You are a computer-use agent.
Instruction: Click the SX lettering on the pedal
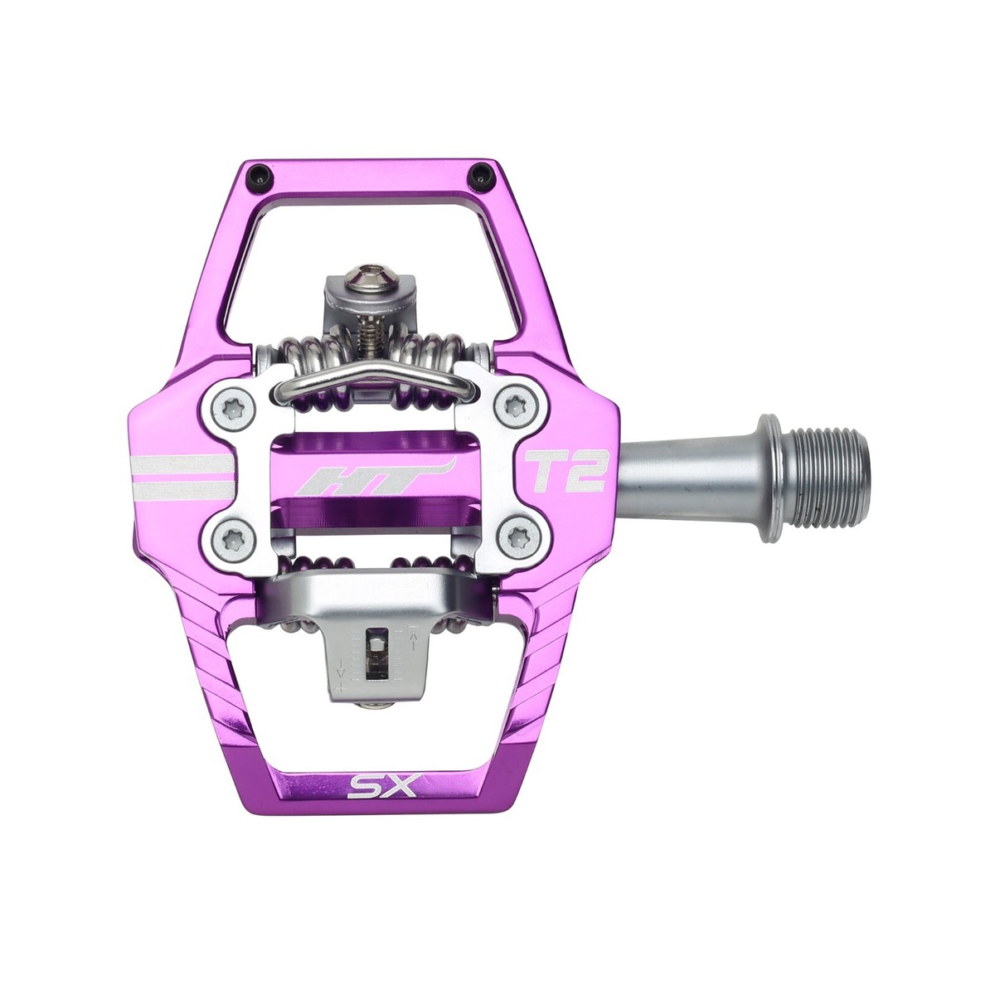point(371,784)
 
